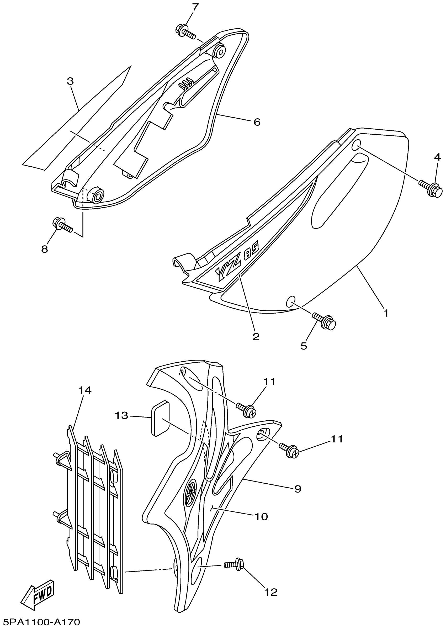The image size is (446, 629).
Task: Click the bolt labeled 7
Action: (x=185, y=31)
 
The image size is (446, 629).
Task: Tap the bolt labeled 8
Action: (x=62, y=224)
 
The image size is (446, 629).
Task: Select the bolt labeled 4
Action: (x=432, y=188)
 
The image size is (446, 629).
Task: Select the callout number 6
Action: (x=257, y=122)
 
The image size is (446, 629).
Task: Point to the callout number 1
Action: (x=386, y=313)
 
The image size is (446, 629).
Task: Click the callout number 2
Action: (x=256, y=337)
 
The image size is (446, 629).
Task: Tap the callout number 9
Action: (x=298, y=489)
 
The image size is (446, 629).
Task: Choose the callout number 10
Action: (x=261, y=517)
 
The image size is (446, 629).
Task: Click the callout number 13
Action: (x=121, y=416)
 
